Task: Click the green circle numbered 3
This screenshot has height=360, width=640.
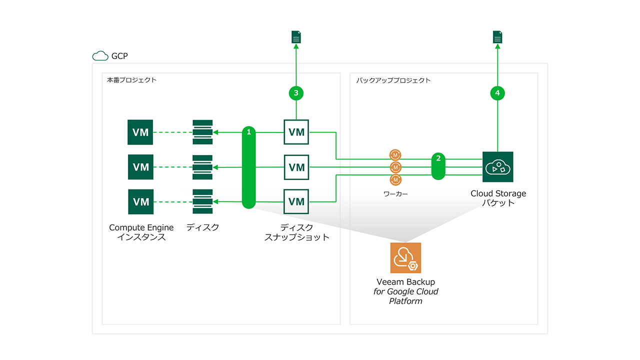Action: (296, 93)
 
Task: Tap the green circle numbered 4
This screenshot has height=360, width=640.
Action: (497, 93)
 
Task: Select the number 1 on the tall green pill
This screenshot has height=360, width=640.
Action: (249, 132)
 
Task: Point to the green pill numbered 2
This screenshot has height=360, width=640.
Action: (438, 166)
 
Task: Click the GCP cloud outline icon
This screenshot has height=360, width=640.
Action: (100, 55)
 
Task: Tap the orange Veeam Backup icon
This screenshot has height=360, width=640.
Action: (405, 257)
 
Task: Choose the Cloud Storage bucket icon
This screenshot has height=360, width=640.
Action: (497, 167)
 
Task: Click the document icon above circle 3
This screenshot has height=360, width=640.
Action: (296, 37)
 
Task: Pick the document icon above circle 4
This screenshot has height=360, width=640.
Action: (497, 37)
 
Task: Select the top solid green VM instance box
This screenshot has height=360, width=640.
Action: (140, 132)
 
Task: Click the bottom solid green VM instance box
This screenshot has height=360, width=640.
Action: (141, 201)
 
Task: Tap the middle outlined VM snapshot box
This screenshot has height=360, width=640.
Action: (296, 167)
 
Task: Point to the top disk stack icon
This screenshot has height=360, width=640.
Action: (202, 132)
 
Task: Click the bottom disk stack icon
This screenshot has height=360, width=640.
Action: (202, 201)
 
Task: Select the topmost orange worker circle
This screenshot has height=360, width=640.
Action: (395, 155)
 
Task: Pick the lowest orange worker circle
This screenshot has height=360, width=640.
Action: (395, 179)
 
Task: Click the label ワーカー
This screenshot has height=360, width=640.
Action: (395, 194)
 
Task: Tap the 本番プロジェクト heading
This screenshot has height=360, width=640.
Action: (131, 80)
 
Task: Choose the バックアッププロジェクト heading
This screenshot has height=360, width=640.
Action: (393, 80)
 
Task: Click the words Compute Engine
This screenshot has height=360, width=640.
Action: (141, 227)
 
